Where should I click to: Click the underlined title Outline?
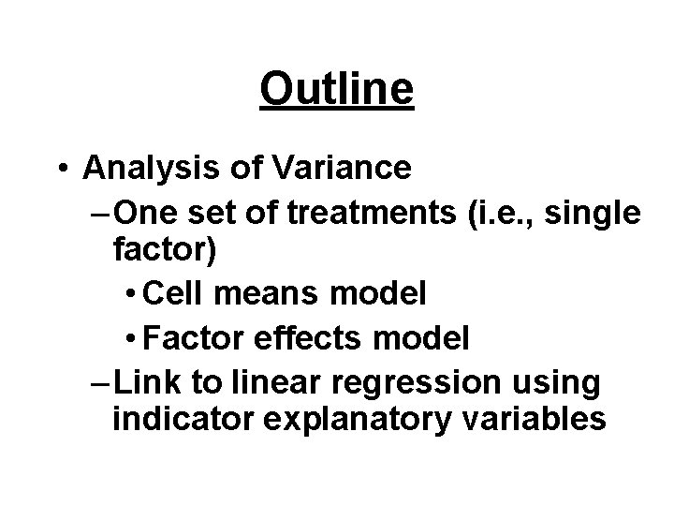point(337,90)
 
